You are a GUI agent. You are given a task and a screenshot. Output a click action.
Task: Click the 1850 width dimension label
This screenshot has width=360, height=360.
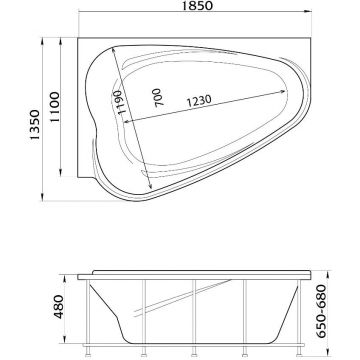click(x=197, y=6)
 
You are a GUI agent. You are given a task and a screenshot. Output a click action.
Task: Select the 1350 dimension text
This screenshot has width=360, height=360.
click(x=35, y=125)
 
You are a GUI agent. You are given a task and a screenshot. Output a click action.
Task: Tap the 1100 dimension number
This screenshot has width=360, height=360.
click(x=55, y=107)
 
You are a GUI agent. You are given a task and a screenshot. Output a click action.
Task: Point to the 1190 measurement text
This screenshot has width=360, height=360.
click(x=121, y=103)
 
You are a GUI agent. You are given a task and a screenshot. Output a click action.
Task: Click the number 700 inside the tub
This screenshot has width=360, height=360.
click(x=158, y=97)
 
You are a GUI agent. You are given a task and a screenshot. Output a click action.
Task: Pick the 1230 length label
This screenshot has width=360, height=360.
click(x=199, y=101)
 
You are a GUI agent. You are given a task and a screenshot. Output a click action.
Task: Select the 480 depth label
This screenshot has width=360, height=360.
click(x=59, y=307)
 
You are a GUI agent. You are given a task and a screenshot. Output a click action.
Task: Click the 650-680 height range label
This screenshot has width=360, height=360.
click(x=321, y=311)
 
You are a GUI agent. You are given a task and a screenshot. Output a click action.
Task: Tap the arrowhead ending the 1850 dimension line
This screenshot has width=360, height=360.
click(x=308, y=11)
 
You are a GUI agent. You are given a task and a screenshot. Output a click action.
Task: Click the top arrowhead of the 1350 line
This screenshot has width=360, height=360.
click(x=42, y=41)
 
